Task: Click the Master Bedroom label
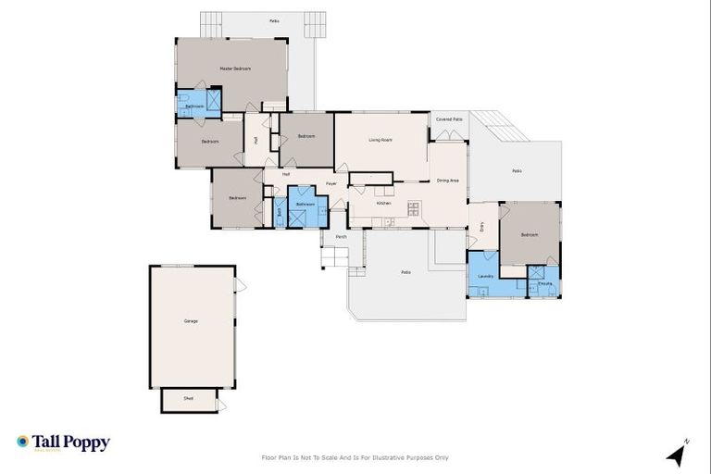(235, 69)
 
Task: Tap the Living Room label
(380, 140)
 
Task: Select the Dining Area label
(448, 181)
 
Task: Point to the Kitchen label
(383, 203)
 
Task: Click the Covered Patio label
(449, 119)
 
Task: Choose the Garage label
(191, 320)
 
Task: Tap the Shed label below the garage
(188, 398)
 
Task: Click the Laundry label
(484, 277)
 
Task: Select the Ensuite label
(545, 283)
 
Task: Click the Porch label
(342, 237)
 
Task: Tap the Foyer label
(331, 183)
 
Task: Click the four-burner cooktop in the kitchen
(414, 206)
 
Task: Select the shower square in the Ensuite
(537, 273)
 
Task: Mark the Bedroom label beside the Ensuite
(530, 235)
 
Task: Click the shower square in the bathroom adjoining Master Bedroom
(213, 99)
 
